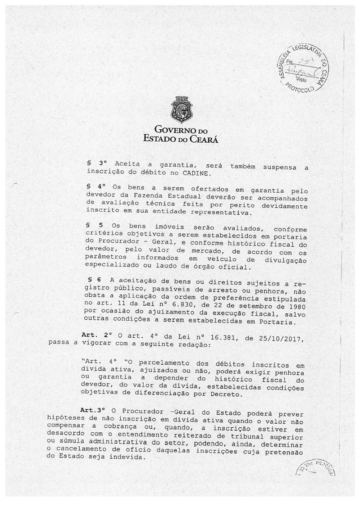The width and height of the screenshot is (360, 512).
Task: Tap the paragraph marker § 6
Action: (92, 280)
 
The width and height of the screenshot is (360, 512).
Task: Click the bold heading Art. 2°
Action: (95, 335)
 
